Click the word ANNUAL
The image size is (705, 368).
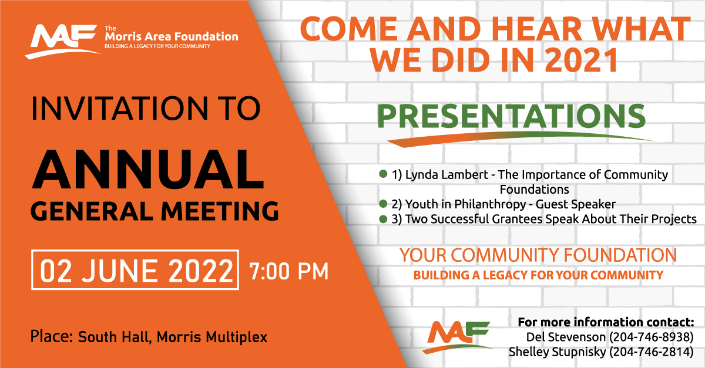(x=148, y=170)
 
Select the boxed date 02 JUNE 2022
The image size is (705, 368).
(x=135, y=270)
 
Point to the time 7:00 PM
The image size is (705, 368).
(x=289, y=271)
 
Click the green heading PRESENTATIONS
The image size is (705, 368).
(x=512, y=116)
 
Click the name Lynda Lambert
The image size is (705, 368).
(x=446, y=174)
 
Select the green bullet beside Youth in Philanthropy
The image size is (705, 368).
(x=383, y=204)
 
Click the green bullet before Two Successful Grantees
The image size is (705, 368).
(x=383, y=219)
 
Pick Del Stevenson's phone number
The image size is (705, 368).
(x=652, y=337)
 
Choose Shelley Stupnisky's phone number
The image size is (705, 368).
(x=652, y=352)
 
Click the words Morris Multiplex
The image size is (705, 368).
(x=212, y=337)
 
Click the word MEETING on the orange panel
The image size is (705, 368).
(x=220, y=211)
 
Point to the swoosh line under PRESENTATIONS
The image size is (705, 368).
(x=519, y=137)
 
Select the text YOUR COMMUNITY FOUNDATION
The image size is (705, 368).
(x=538, y=255)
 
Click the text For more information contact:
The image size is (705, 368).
(x=606, y=322)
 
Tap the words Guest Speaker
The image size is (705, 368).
(x=576, y=204)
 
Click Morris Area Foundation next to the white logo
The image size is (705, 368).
(x=172, y=36)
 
